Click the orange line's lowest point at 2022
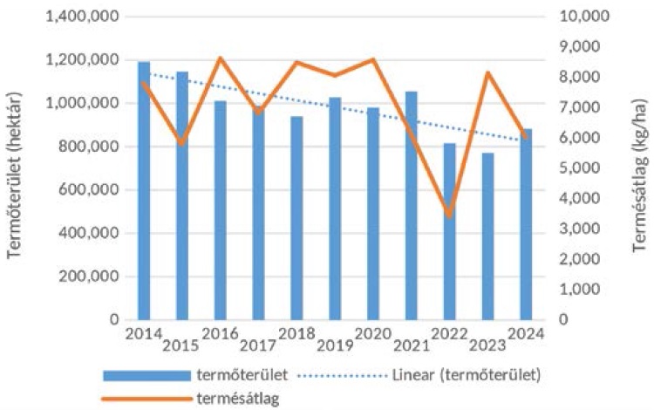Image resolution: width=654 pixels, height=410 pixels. (449, 215)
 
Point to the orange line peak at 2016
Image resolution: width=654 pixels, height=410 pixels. (221, 58)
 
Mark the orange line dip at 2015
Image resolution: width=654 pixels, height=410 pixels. (182, 142)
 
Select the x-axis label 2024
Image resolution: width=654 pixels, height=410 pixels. (523, 332)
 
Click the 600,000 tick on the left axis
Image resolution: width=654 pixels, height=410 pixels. (92, 190)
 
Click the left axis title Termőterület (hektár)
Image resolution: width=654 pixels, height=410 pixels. (15, 168)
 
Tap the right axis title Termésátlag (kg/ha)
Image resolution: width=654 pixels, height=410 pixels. (639, 168)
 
